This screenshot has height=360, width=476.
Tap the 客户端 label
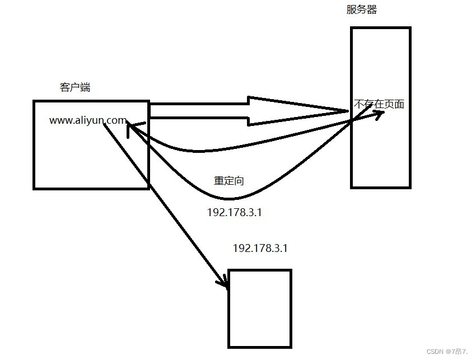coord(75,87)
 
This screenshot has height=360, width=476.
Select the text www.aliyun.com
coord(88,120)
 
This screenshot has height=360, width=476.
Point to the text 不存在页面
coord(379,104)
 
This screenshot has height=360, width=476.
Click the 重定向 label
coord(228,181)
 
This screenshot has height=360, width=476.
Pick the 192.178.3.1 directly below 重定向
coord(234,213)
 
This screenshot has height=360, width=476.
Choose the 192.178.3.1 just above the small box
coord(260,248)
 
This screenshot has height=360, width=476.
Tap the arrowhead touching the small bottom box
coord(224,281)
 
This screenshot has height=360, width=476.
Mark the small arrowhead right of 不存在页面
coord(380,114)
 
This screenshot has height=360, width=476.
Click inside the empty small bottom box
coord(260,308)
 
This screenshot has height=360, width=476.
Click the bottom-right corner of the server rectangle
coord(410,186)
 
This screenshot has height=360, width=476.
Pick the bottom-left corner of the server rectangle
coord(352,186)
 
